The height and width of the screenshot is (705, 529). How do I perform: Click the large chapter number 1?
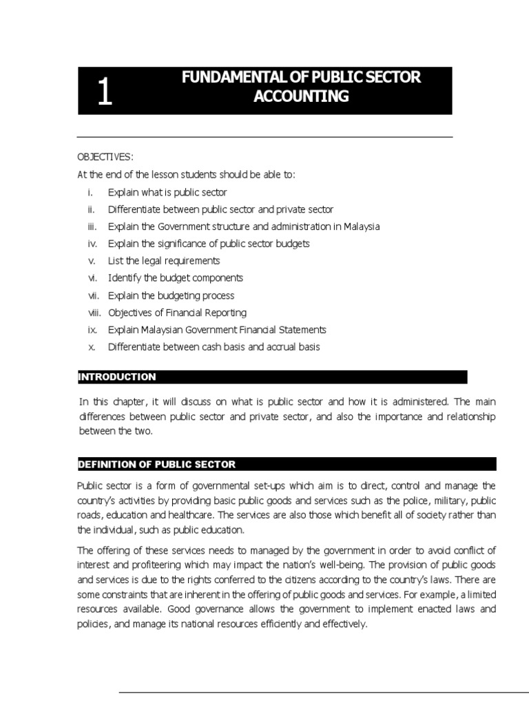pyautogui.click(x=104, y=94)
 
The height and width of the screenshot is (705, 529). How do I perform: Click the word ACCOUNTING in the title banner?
pyautogui.click(x=301, y=96)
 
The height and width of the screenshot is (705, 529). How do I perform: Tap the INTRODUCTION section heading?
pyautogui.click(x=117, y=377)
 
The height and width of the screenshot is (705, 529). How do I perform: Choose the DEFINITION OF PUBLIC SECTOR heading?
pyautogui.click(x=156, y=464)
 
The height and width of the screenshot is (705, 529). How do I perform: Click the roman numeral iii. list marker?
pyautogui.click(x=92, y=227)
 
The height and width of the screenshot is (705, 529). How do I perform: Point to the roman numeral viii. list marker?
pyautogui.click(x=94, y=313)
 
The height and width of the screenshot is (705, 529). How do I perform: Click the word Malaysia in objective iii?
pyautogui.click(x=358, y=227)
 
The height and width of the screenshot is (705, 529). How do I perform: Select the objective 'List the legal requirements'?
pyautogui.click(x=164, y=261)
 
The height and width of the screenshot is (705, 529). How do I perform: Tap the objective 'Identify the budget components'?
pyautogui.click(x=175, y=278)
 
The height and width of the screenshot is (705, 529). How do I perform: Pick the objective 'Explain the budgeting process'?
pyautogui.click(x=171, y=295)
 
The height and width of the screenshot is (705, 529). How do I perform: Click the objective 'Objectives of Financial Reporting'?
pyautogui.click(x=177, y=313)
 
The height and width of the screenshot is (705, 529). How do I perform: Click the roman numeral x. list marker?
pyautogui.click(x=92, y=347)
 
